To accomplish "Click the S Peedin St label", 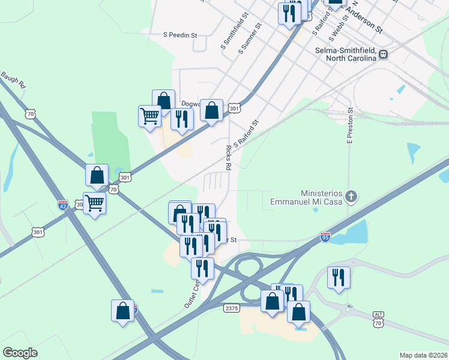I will click(180, 35).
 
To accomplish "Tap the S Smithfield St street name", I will click(228, 33).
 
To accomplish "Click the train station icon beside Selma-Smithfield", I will click(383, 55).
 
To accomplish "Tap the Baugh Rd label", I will click(13, 80).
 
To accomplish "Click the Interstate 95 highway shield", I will click(325, 238).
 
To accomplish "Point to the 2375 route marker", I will click(231, 308).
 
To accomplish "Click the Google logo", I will click(20, 353).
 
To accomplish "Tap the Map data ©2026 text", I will click(423, 355).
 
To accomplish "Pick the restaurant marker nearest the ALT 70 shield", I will click(339, 277).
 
